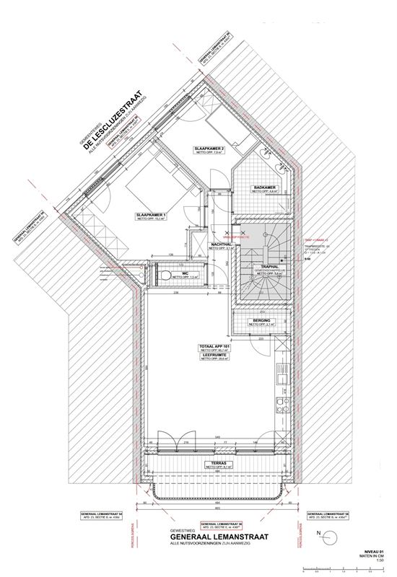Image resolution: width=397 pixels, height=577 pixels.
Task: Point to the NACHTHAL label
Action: [x=221, y=244]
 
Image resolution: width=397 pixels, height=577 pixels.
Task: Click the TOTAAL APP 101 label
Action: [x=214, y=346]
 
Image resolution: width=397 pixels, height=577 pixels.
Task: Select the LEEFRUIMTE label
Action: [x=214, y=355]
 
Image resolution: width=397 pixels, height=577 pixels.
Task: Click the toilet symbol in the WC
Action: [x=167, y=276]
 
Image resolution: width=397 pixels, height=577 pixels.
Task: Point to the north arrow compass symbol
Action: [x=330, y=535]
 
